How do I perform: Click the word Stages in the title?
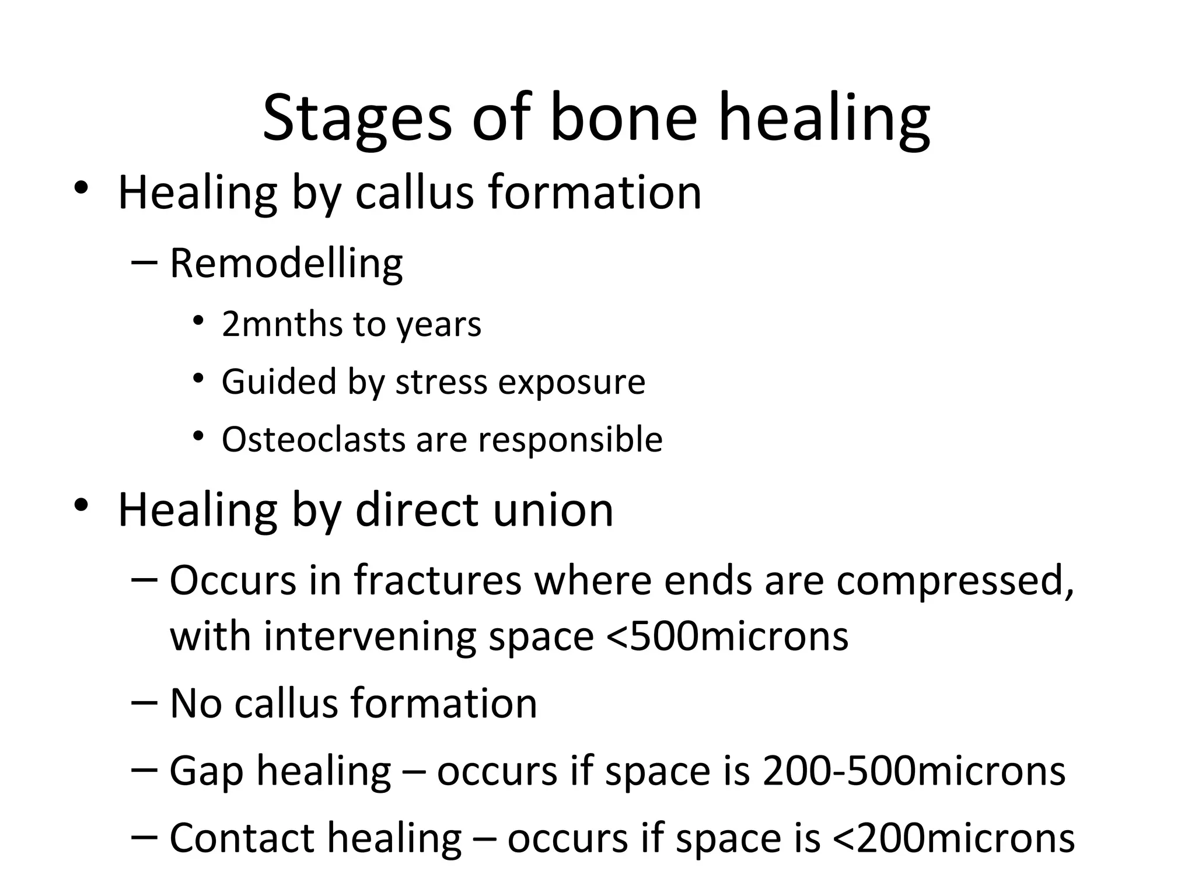tap(357, 120)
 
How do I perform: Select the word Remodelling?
tap(286, 264)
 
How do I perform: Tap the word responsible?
tap(570, 440)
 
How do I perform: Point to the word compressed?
tap(955, 582)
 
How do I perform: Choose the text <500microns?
tap(728, 636)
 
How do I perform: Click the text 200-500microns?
tap(914, 771)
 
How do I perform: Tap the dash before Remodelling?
tap(144, 262)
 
